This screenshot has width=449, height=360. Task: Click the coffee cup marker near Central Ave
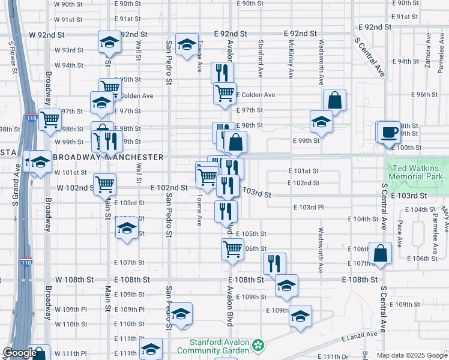tap(389, 132)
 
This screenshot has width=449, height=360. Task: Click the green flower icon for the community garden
tap(258, 346)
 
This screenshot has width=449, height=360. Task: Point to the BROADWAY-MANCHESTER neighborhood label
tap(109, 157)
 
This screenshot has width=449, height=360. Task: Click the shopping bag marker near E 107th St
tap(380, 253)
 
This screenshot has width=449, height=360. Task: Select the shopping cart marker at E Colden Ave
tap(224, 93)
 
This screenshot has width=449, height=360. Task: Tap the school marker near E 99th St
tap(322, 121)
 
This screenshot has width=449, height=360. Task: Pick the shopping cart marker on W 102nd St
tap(105, 184)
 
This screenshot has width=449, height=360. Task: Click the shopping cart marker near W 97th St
tap(50, 119)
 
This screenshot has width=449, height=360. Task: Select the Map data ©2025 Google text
tap(411, 355)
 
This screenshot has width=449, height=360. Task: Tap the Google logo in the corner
tap(20, 353)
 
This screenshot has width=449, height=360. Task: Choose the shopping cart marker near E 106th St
tap(232, 248)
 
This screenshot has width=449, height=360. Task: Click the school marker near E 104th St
tap(126, 229)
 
